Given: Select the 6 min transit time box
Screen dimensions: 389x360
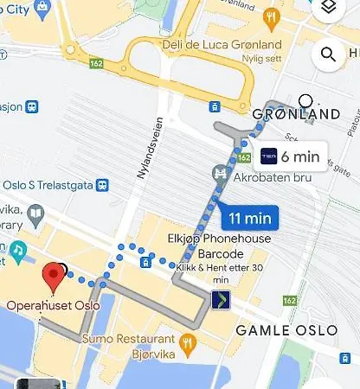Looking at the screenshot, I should (292, 156).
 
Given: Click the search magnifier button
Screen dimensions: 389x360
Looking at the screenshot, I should (329, 56).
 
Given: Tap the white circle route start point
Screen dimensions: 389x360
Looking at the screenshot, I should (305, 100).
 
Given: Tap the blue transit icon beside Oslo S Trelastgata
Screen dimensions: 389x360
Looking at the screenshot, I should (103, 184).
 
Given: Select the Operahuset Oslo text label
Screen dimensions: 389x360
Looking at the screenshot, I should (53, 304).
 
